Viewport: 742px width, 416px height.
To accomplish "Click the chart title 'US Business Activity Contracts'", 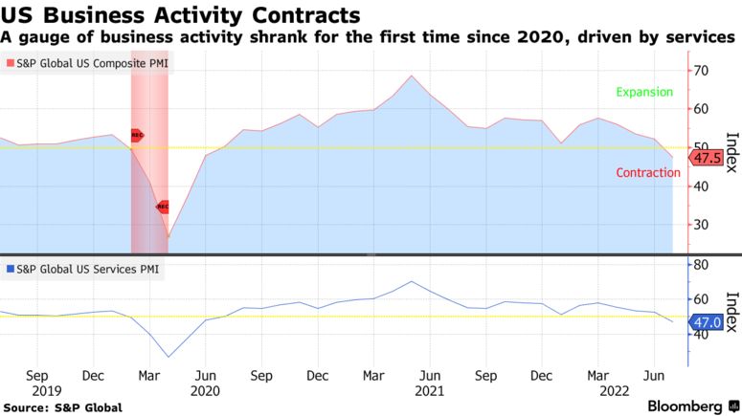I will [181, 15].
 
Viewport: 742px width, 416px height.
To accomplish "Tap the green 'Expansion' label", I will [644, 92].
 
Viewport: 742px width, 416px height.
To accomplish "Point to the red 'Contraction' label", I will [647, 173].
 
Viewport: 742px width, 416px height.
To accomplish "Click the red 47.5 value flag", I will [707, 158].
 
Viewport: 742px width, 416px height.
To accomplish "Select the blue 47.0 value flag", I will [707, 324].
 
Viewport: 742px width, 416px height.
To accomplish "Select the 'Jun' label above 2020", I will [205, 376].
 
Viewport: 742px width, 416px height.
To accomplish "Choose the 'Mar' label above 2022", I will [596, 376].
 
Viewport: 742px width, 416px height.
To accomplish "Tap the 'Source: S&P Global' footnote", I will [62, 407].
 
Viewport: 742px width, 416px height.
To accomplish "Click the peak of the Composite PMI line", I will [411, 76].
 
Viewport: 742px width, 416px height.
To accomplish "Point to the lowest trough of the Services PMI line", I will [169, 358].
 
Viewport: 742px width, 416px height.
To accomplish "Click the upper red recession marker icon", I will [137, 136].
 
